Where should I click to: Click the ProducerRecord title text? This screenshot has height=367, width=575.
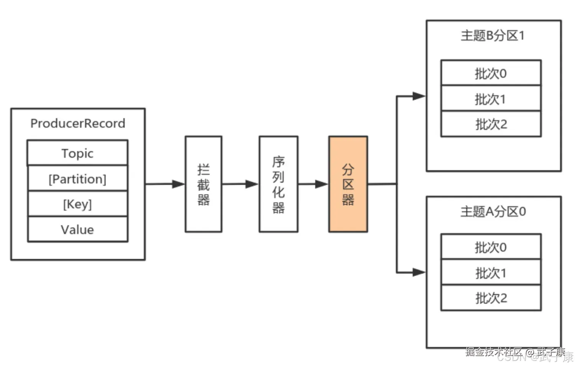[x=78, y=123]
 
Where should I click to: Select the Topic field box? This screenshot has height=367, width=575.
[x=77, y=153]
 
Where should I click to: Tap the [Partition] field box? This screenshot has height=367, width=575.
[x=77, y=179]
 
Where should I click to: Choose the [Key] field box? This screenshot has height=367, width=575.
[x=77, y=204]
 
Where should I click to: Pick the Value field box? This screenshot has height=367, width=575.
[x=77, y=229]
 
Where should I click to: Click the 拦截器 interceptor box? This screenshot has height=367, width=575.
[x=203, y=184]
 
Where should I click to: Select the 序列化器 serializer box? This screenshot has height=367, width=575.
[x=278, y=184]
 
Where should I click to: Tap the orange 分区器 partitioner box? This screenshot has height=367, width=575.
[x=348, y=184]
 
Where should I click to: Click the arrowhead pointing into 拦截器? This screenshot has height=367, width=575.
[x=179, y=184]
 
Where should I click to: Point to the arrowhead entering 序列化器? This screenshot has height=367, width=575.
[x=252, y=184]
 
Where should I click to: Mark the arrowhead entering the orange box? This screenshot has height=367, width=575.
[x=322, y=184]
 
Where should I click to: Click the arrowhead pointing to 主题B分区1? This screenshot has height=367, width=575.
[x=419, y=96]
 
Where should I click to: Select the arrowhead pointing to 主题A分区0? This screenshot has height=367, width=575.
[x=419, y=273]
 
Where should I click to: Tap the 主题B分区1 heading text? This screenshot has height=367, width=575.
[x=493, y=36]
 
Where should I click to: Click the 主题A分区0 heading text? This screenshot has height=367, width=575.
[x=493, y=211]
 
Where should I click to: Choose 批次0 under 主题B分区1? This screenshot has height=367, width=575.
[x=491, y=73]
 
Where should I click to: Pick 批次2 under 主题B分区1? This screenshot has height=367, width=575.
[x=491, y=124]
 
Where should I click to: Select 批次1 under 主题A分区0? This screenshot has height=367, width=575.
[x=491, y=273]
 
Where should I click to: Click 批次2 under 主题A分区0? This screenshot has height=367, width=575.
[x=491, y=298]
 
